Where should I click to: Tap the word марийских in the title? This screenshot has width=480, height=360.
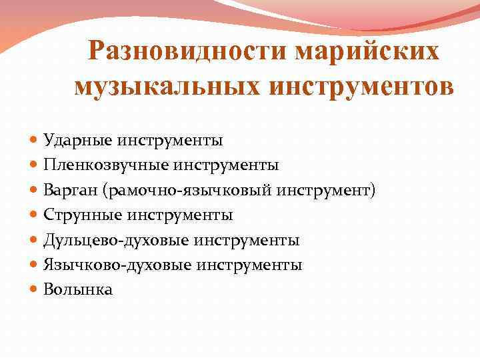pyautogui.click(x=355, y=52)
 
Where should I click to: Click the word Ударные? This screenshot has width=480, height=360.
pyautogui.click(x=70, y=141)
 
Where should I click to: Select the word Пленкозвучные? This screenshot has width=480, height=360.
pyautogui.click(x=90, y=165)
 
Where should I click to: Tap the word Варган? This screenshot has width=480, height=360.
pyautogui.click(x=71, y=191)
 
